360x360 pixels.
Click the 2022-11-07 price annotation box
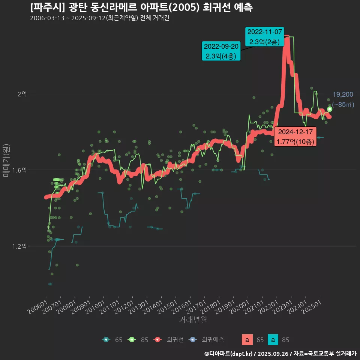point(264,36)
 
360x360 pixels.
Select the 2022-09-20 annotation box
point(221,51)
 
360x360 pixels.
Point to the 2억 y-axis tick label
point(22,94)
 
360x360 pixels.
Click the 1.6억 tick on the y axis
point(19,170)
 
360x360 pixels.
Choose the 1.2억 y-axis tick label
point(19,246)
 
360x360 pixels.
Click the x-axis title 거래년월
point(193,320)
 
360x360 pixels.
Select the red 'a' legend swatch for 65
point(246,340)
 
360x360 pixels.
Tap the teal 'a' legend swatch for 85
point(274,340)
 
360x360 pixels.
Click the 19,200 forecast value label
point(343,94)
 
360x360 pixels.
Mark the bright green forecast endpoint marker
point(330,109)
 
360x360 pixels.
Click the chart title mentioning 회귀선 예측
point(141,7)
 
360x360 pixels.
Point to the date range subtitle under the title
point(100,18)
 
